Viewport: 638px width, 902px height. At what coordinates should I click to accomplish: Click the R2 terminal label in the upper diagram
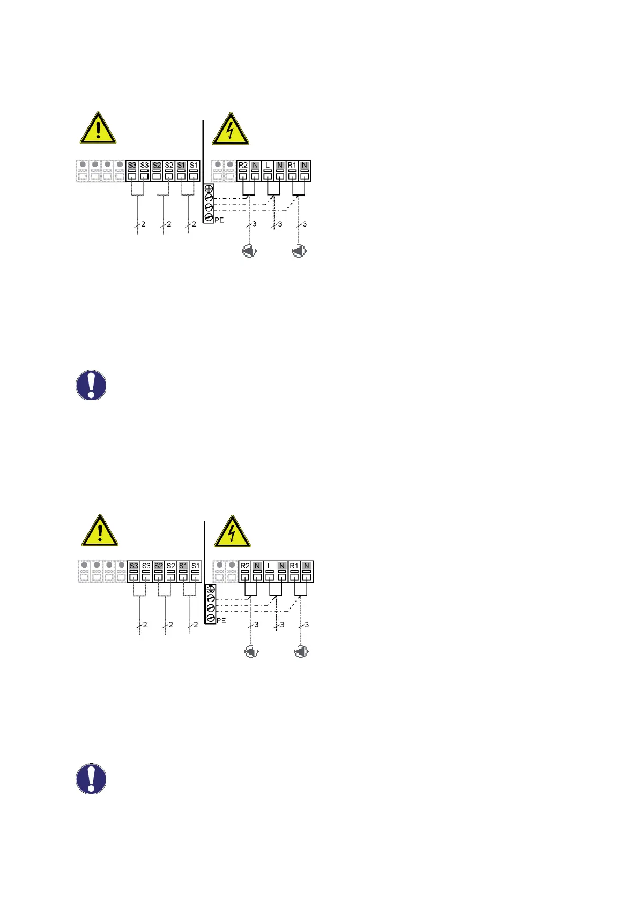click(x=243, y=165)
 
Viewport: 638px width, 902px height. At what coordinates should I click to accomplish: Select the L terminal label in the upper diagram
click(x=268, y=165)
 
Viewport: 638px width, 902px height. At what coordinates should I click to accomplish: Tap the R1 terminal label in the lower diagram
click(x=294, y=566)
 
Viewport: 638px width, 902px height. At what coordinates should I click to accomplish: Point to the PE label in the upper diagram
click(x=219, y=220)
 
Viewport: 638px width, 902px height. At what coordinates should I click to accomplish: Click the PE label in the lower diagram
click(x=221, y=621)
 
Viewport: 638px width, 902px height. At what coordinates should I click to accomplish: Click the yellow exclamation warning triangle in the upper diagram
click(x=98, y=129)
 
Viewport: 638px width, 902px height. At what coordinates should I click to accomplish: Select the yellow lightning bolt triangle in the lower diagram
click(x=232, y=532)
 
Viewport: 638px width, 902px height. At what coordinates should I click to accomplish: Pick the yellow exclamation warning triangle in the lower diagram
click(x=100, y=531)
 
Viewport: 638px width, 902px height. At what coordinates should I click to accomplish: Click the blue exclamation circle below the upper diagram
click(x=91, y=385)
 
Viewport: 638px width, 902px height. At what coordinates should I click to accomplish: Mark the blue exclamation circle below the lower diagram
click(x=91, y=778)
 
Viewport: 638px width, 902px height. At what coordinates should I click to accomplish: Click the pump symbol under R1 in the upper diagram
click(x=299, y=251)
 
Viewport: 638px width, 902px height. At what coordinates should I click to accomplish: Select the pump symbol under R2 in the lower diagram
click(x=251, y=652)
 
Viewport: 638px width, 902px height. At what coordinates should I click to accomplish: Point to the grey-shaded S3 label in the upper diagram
click(x=132, y=165)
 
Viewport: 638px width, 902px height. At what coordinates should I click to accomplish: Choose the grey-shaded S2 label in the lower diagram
click(x=159, y=566)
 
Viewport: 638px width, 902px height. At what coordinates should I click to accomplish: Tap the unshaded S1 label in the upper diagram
click(x=194, y=165)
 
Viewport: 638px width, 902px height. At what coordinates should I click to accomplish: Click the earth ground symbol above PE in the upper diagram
click(x=209, y=189)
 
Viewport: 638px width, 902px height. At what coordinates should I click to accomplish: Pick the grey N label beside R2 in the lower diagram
click(x=257, y=566)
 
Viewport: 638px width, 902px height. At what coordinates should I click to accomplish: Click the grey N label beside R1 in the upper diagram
click(x=305, y=165)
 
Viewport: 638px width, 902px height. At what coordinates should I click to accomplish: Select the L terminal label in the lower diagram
click(x=270, y=566)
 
